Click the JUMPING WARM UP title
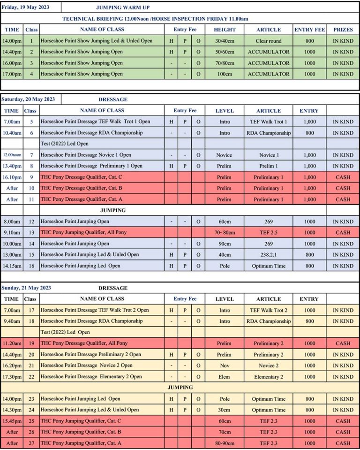click(123, 8)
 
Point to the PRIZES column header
click(343, 30)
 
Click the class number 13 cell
click(31, 233)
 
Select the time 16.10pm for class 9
click(12, 177)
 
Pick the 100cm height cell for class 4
click(225, 74)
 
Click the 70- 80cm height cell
click(225, 233)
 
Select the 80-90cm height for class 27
click(225, 443)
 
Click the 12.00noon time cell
click(12, 155)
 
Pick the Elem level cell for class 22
click(225, 377)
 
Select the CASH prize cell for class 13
click(343, 233)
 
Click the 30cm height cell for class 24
click(225, 410)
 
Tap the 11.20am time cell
click(12, 343)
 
